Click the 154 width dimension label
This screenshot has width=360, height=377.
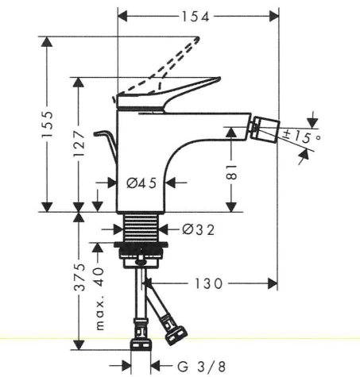coord(195,17)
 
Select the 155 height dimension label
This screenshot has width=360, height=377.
coord(48,124)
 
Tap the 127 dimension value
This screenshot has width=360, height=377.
coord(79,143)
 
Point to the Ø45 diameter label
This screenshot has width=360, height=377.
coord(141,183)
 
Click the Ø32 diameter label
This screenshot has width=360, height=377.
coord(198,229)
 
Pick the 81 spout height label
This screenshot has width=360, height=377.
coord(232,172)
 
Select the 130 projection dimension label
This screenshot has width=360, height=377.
coord(209,283)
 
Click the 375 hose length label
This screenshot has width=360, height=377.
coord(79,277)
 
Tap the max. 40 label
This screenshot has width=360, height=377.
coord(99,299)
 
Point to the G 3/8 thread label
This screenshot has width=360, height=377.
coord(201,367)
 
